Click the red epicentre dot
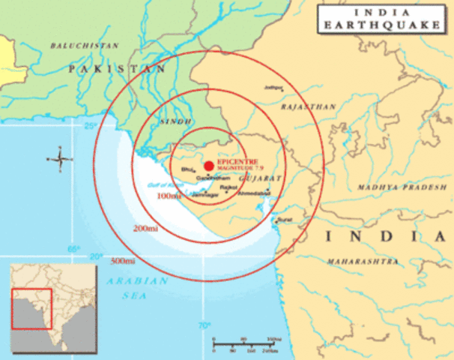point(208,165)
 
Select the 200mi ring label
point(145,227)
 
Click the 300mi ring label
point(122,260)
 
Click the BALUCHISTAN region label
point(85,46)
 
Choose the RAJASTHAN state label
point(308,107)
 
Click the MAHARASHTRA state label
point(362,261)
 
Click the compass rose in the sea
point(59,158)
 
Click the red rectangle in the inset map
point(31,309)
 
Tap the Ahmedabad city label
point(252,193)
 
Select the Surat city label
point(284,220)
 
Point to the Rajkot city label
point(228,186)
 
